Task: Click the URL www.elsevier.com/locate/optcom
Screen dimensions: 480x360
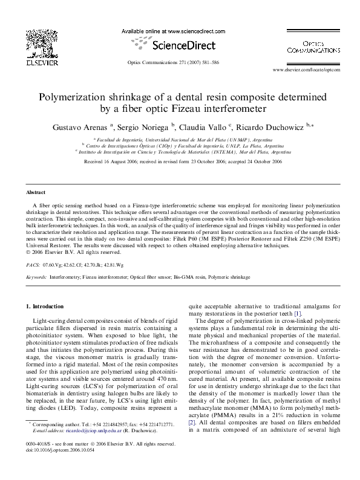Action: [307, 70]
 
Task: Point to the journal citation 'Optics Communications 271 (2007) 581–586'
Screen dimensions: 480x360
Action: [180, 63]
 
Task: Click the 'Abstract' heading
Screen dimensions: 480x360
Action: [36, 192]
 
